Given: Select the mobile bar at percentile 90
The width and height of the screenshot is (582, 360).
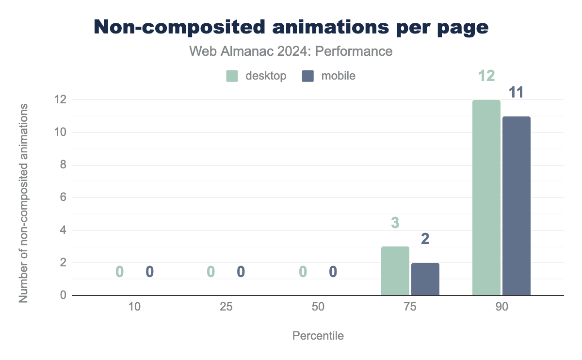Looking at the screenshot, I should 517,206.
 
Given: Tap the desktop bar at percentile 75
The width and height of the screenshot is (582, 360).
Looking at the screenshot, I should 395,271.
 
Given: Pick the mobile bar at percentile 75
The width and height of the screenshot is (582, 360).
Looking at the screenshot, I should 425,279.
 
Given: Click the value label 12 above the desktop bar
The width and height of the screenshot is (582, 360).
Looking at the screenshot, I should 486,76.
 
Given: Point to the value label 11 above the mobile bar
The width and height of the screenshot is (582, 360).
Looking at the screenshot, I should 517,92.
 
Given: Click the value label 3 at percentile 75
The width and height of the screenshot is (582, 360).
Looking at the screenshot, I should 395,223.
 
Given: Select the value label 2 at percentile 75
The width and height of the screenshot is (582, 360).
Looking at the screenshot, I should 425,239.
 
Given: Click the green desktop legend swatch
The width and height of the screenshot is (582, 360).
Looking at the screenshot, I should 232,76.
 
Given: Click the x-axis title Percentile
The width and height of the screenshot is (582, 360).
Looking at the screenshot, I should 318,336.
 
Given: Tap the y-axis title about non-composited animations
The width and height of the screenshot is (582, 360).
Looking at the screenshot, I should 23,203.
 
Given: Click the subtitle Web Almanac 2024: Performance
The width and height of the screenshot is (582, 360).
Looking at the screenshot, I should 291,51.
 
